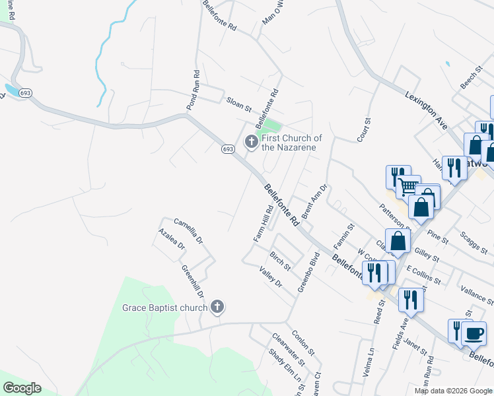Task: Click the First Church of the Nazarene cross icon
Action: coord(251,142)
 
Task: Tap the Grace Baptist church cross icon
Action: coord(217,307)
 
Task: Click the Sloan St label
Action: coord(239,104)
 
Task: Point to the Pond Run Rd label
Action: coord(192,90)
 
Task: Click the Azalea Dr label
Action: coord(172,239)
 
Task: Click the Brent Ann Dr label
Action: coord(314,203)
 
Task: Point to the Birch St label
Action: coord(279,261)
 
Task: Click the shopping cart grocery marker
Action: coord(409,187)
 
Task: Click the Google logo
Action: coord(22,388)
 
